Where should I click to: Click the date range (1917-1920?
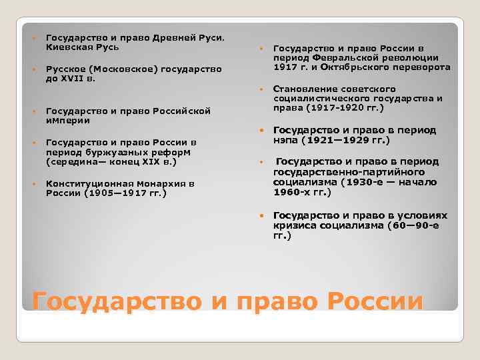point(333,108)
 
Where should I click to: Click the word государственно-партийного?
point(343,172)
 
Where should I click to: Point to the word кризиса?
point(294,226)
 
